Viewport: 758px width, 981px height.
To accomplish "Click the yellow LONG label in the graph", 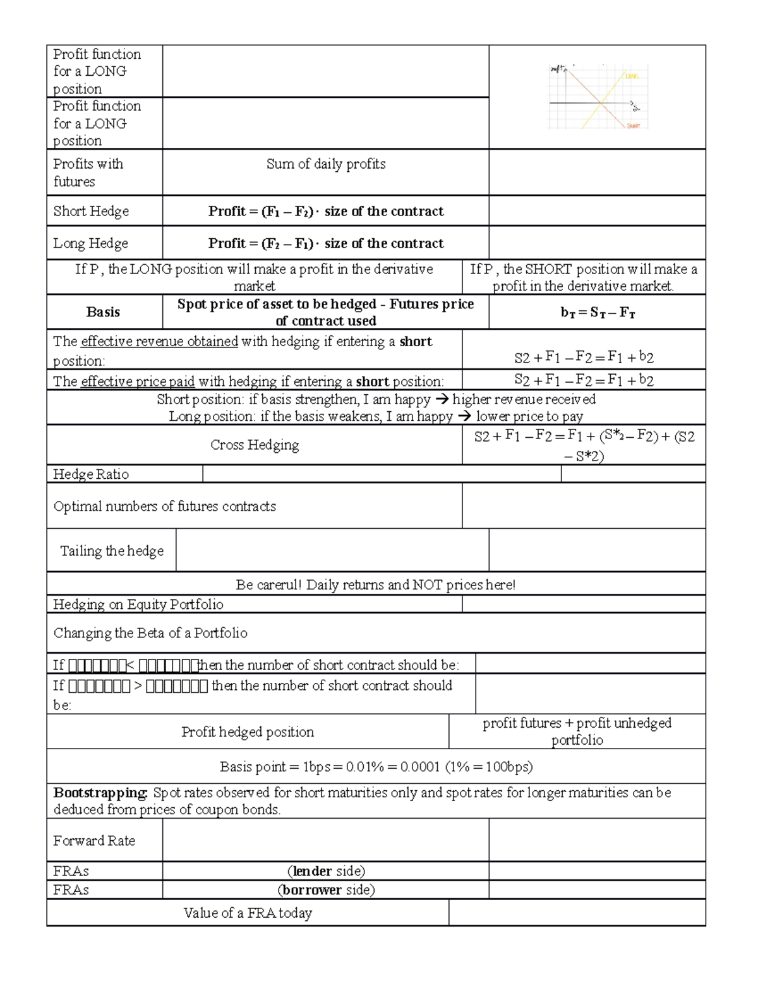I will click(x=632, y=76).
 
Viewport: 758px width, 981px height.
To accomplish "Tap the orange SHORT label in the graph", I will click(x=633, y=126).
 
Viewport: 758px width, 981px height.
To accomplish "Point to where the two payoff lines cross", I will click(x=600, y=102).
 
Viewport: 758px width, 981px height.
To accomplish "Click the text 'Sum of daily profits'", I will click(x=326, y=164).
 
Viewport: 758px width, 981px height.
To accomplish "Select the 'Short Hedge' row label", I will click(x=91, y=211).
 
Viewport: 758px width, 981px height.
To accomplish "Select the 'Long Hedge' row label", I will click(x=90, y=243).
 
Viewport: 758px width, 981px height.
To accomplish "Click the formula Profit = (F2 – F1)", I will click(x=326, y=243).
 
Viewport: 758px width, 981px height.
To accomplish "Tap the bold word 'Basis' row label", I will click(x=103, y=312).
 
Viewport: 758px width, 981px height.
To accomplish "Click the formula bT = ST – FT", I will click(x=598, y=312).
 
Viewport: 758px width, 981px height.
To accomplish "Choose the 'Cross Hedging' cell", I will click(x=255, y=445).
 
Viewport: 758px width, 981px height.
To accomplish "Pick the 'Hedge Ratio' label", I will click(x=91, y=474).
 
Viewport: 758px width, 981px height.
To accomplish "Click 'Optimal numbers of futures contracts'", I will click(x=165, y=507).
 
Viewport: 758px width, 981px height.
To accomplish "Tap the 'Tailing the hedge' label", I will click(x=112, y=551).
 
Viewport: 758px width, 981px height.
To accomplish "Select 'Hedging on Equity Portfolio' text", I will click(x=138, y=605).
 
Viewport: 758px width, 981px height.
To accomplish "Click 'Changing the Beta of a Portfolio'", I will click(x=150, y=633).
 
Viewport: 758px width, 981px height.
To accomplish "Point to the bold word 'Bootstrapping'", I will click(x=100, y=793).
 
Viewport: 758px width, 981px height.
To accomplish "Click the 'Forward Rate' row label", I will click(x=94, y=841).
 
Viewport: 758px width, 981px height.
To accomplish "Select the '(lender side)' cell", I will click(x=326, y=871).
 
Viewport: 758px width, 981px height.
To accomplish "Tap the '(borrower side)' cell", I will click(x=326, y=890).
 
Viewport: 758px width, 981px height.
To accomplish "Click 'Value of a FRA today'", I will click(x=248, y=913).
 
